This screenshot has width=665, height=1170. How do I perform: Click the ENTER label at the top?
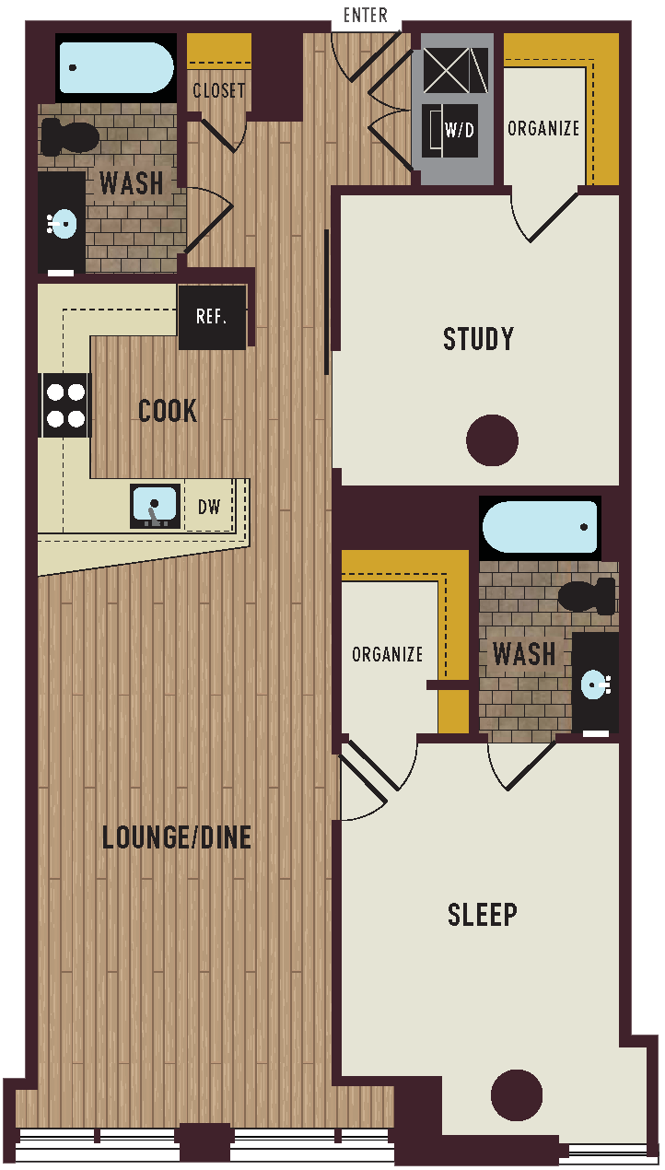pos(365,16)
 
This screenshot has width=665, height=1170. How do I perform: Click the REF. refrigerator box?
pos(212,317)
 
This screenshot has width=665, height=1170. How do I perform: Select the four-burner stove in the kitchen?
pos(65,405)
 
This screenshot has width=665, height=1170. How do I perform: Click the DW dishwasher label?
pos(209,506)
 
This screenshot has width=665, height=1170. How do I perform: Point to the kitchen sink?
pos(155,506)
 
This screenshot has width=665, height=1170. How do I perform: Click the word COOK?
pos(168,411)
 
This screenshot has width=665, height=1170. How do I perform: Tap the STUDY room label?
pos(478,339)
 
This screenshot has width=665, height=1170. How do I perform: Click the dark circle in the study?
pos(492,440)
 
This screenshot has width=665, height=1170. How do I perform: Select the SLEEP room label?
pos(482,915)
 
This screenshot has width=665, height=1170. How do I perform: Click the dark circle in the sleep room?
pos(517,1094)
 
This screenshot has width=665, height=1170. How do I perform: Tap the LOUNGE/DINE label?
pos(177,837)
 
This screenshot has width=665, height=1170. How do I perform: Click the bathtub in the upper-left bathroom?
pos(116,68)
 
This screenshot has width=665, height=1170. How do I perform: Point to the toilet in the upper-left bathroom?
pos(70,138)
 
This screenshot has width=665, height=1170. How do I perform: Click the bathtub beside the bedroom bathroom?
pos(540,527)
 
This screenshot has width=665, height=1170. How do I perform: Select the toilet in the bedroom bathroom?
pos(587,596)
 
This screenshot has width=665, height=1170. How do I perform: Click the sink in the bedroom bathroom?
pos(594,684)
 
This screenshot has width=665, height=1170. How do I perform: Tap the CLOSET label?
pos(219,90)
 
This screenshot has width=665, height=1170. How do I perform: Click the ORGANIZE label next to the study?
pos(543,128)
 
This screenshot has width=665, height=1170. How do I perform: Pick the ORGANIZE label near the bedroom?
pos(388,654)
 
